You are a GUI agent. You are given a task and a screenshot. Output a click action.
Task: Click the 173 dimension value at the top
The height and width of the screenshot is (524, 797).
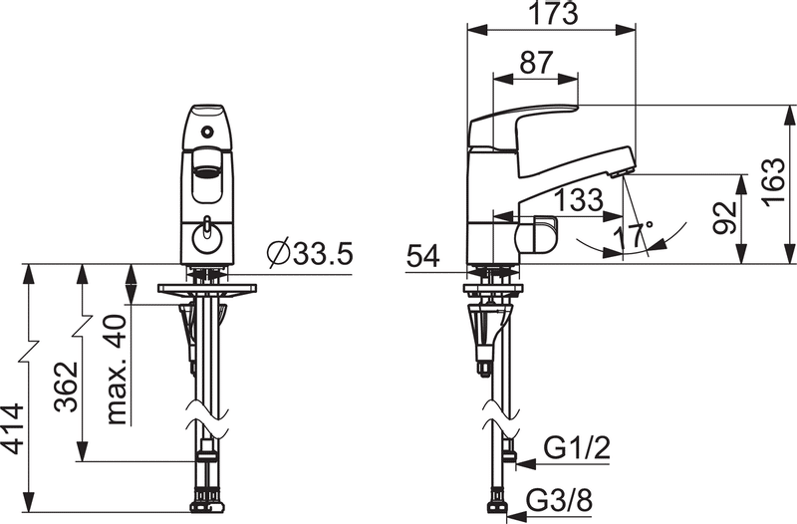pos(554,14)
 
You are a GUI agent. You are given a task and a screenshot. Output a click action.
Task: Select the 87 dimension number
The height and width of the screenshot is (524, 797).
pos(536,63)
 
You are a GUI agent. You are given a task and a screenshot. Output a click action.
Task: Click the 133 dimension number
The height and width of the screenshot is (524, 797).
pos(579,200)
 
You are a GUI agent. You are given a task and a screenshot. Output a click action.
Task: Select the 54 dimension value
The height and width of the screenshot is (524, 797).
pos(422,256)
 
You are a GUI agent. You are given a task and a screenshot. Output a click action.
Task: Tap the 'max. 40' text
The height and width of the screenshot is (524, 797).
pos(117,370)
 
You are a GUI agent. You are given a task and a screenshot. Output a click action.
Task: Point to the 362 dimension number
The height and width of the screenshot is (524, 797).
pos(67,387)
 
